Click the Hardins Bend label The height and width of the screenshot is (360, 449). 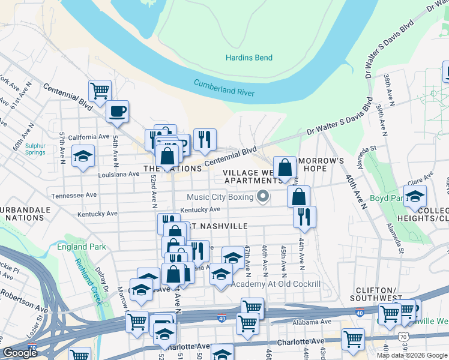249,58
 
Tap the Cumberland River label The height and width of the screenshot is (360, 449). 224,89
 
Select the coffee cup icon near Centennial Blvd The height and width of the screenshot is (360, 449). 117,111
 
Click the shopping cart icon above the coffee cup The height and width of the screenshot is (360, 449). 100,91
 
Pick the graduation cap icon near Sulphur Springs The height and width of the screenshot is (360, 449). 83,156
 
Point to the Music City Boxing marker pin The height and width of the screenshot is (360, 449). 262,196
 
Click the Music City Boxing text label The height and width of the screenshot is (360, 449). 220,197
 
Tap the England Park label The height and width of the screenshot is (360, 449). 81,247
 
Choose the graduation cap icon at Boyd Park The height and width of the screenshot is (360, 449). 415,196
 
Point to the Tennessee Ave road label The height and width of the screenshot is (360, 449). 74,195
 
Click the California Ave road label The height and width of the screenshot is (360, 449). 89,137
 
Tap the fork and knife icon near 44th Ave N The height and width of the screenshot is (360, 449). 305,216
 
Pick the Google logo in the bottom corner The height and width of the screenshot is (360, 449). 19,352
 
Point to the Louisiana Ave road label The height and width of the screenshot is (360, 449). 119,174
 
